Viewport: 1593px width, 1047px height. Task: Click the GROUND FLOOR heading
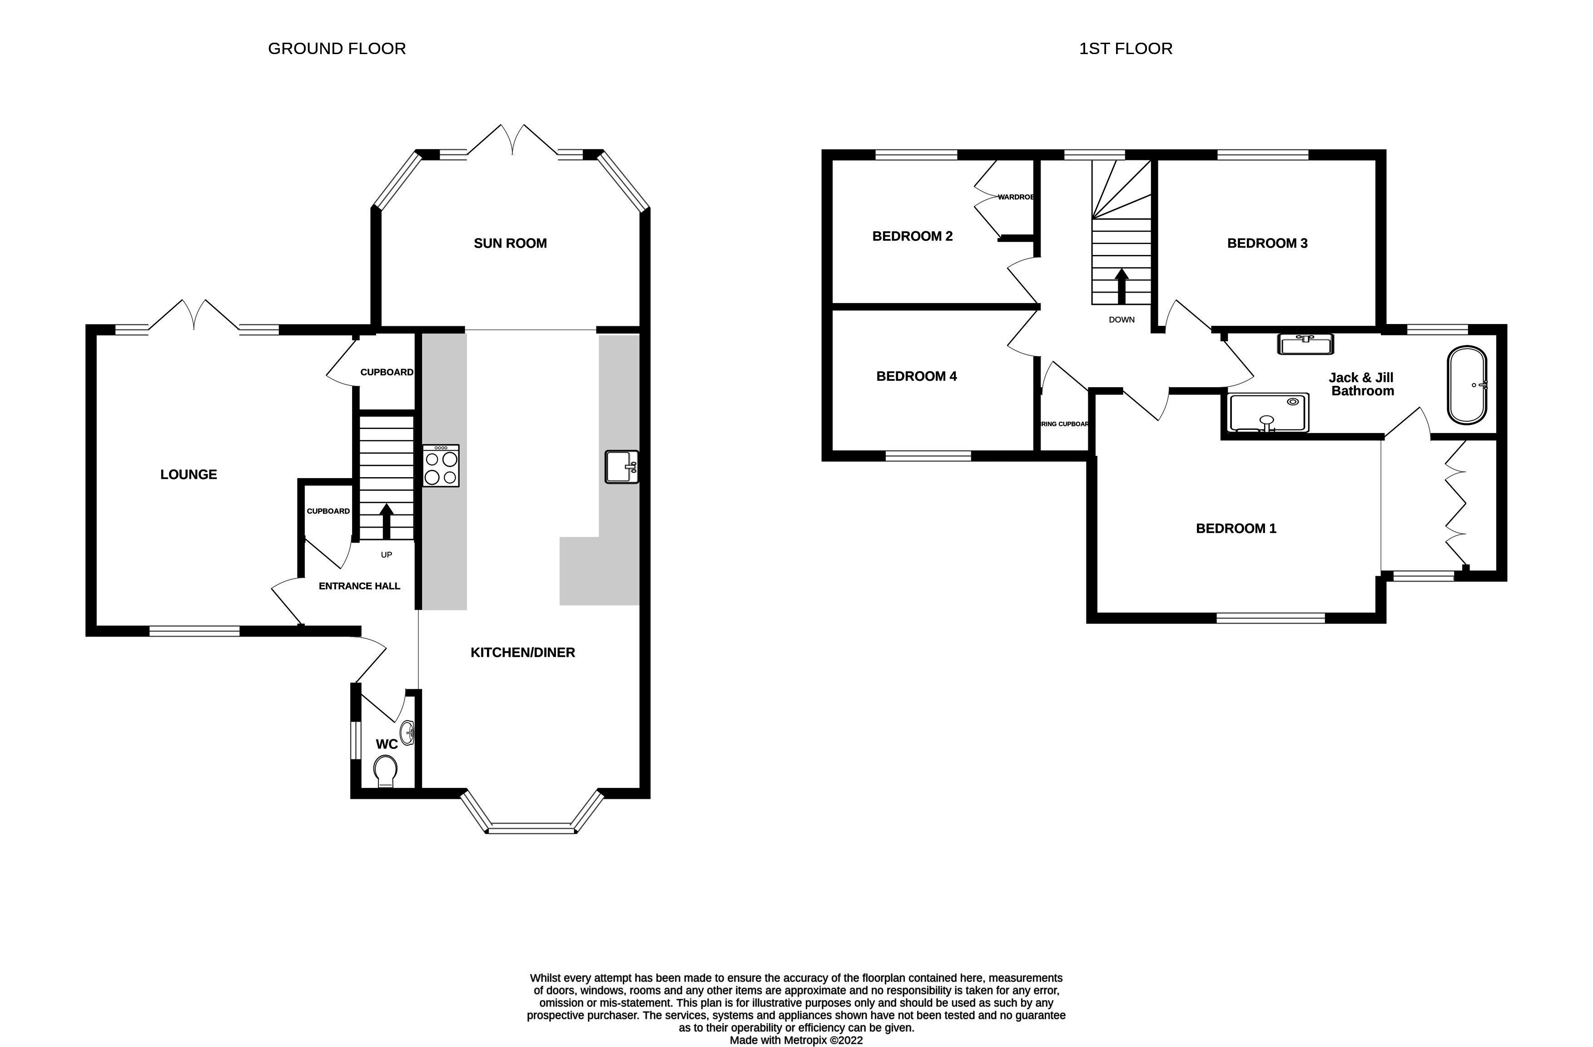click(337, 49)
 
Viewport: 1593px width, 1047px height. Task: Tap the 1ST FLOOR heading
click(1125, 49)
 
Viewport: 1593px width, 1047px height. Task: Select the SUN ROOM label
click(510, 244)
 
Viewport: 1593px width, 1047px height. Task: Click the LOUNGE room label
click(189, 474)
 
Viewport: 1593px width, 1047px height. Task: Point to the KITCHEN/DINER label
click(523, 653)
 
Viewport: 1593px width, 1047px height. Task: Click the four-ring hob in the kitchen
click(441, 466)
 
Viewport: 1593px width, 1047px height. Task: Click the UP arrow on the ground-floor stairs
click(386, 522)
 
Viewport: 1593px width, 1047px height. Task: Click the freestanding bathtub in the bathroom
click(1467, 385)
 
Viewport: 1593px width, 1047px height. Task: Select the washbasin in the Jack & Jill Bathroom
click(1305, 344)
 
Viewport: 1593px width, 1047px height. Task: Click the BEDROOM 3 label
click(1267, 244)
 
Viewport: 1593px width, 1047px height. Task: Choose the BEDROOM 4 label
click(916, 377)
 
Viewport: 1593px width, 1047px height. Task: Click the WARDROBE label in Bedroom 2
click(1015, 198)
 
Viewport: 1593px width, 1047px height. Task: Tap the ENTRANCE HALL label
click(359, 586)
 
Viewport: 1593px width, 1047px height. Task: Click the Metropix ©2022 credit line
click(796, 1040)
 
